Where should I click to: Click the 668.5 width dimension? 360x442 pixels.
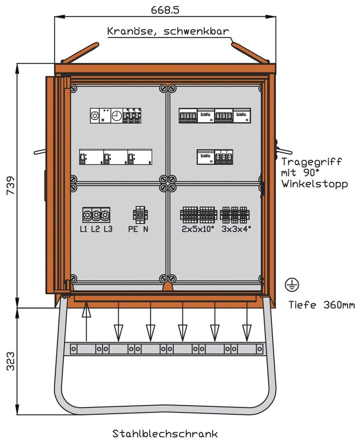[x=165, y=8]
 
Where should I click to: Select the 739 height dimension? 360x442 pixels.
[x=10, y=186]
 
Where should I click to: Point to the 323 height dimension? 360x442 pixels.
[x=10, y=361]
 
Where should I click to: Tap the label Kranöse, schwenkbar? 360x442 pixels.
[x=168, y=31]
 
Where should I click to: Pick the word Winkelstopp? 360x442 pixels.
[x=314, y=183]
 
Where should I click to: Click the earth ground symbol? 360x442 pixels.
[x=292, y=285]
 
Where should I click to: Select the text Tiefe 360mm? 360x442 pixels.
[x=322, y=305]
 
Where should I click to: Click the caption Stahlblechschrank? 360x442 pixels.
[x=165, y=433]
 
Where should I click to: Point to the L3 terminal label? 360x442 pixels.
[x=108, y=229]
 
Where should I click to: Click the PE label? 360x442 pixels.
[x=133, y=229]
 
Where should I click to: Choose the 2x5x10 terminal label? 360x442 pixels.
[x=198, y=229]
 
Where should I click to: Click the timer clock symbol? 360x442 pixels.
[x=116, y=116]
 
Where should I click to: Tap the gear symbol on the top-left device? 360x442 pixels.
[x=95, y=116]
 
